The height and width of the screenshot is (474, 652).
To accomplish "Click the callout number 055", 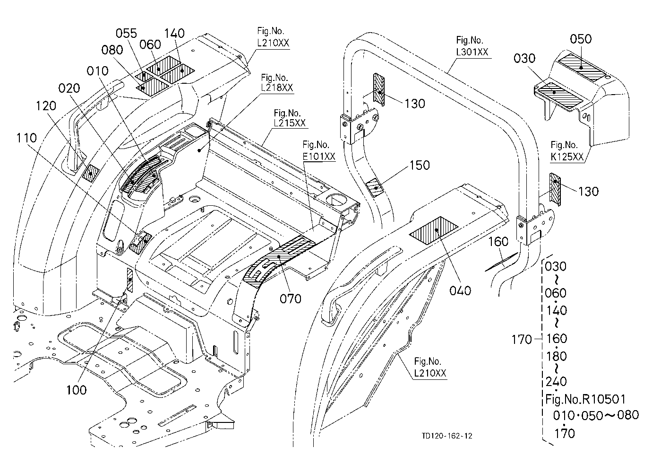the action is (x=126, y=34).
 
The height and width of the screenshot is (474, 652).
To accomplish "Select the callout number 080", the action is (x=112, y=50).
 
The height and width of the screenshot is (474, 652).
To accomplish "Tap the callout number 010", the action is (x=97, y=71).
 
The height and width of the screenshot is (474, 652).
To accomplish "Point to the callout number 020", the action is (x=69, y=88).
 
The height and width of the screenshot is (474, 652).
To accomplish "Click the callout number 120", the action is (x=46, y=106).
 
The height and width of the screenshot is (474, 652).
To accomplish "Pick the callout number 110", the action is (x=26, y=138).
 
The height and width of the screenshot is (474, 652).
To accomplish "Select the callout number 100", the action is (x=77, y=390).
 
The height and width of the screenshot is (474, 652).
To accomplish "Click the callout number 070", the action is (x=290, y=299).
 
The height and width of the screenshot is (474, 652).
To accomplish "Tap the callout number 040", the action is (x=460, y=290).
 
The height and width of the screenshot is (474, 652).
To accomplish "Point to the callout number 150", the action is (x=420, y=166).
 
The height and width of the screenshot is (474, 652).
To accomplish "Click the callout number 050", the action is (x=581, y=39).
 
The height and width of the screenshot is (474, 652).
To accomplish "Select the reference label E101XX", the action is (x=319, y=157).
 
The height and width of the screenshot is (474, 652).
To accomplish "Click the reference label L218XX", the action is (x=277, y=88).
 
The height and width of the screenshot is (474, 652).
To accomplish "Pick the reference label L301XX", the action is (x=472, y=52).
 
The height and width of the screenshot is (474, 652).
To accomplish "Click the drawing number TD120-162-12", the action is (x=447, y=436).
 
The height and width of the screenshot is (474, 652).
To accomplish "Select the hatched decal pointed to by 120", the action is (x=91, y=172).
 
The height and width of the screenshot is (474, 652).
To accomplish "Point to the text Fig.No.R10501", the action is (x=585, y=399).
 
